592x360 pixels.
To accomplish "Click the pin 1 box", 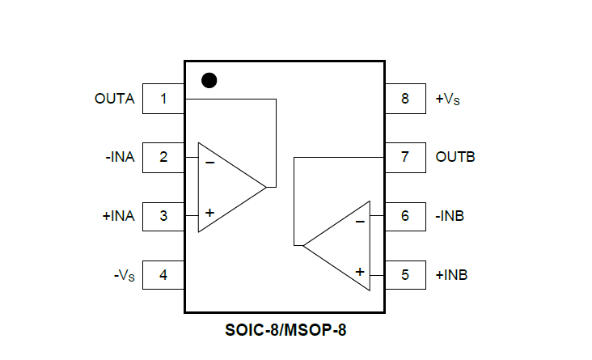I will (x=163, y=99).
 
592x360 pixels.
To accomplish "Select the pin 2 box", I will (x=163, y=157).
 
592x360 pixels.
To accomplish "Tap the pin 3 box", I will (x=163, y=216).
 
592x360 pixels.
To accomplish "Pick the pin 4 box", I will (x=163, y=274).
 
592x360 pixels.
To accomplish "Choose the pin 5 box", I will (x=404, y=274).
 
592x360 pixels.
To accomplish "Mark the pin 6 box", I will (x=404, y=216).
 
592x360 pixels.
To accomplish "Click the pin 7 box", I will (x=404, y=157).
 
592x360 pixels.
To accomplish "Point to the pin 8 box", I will (x=404, y=99).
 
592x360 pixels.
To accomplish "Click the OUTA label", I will (x=114, y=99).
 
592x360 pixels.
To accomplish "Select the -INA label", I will (x=119, y=157).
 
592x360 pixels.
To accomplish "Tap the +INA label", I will (x=118, y=216).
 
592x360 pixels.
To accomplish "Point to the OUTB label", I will (x=455, y=157).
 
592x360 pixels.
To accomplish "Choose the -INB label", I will (x=450, y=216).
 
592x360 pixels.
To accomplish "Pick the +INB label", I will (x=451, y=274).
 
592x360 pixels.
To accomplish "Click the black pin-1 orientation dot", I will (x=209, y=80).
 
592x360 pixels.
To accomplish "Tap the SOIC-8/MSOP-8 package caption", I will (x=295, y=330).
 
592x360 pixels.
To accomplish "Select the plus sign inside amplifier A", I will (x=209, y=213).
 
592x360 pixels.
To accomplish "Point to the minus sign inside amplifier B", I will (x=360, y=220).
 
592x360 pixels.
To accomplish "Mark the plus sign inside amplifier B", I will (x=360, y=272).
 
